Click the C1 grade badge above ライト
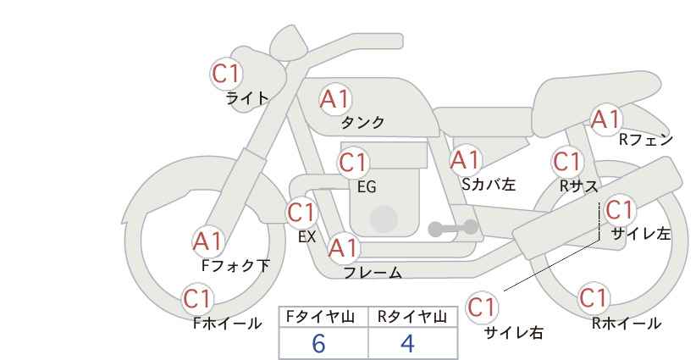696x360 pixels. pos(226,73)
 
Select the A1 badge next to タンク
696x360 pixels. pos(334,100)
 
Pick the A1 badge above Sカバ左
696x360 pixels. pos(465,159)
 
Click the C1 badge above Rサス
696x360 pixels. pos(566,161)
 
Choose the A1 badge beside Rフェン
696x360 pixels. pos(605,119)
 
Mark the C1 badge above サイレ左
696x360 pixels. pos(619,208)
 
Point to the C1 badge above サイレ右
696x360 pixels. pos(483,306)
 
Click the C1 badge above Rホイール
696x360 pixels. pos(594,298)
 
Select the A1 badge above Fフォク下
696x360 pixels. pos(207,241)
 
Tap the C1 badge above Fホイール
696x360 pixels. pos(198,298)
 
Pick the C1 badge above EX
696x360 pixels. pos(301,211)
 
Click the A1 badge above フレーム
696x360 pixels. pos(343,248)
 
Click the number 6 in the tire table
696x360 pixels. pos(318,344)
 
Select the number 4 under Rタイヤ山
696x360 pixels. pos(408,344)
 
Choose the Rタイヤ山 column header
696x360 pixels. pos(412,317)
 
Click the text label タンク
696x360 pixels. pos(362,123)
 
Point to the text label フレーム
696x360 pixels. pos(373,273)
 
